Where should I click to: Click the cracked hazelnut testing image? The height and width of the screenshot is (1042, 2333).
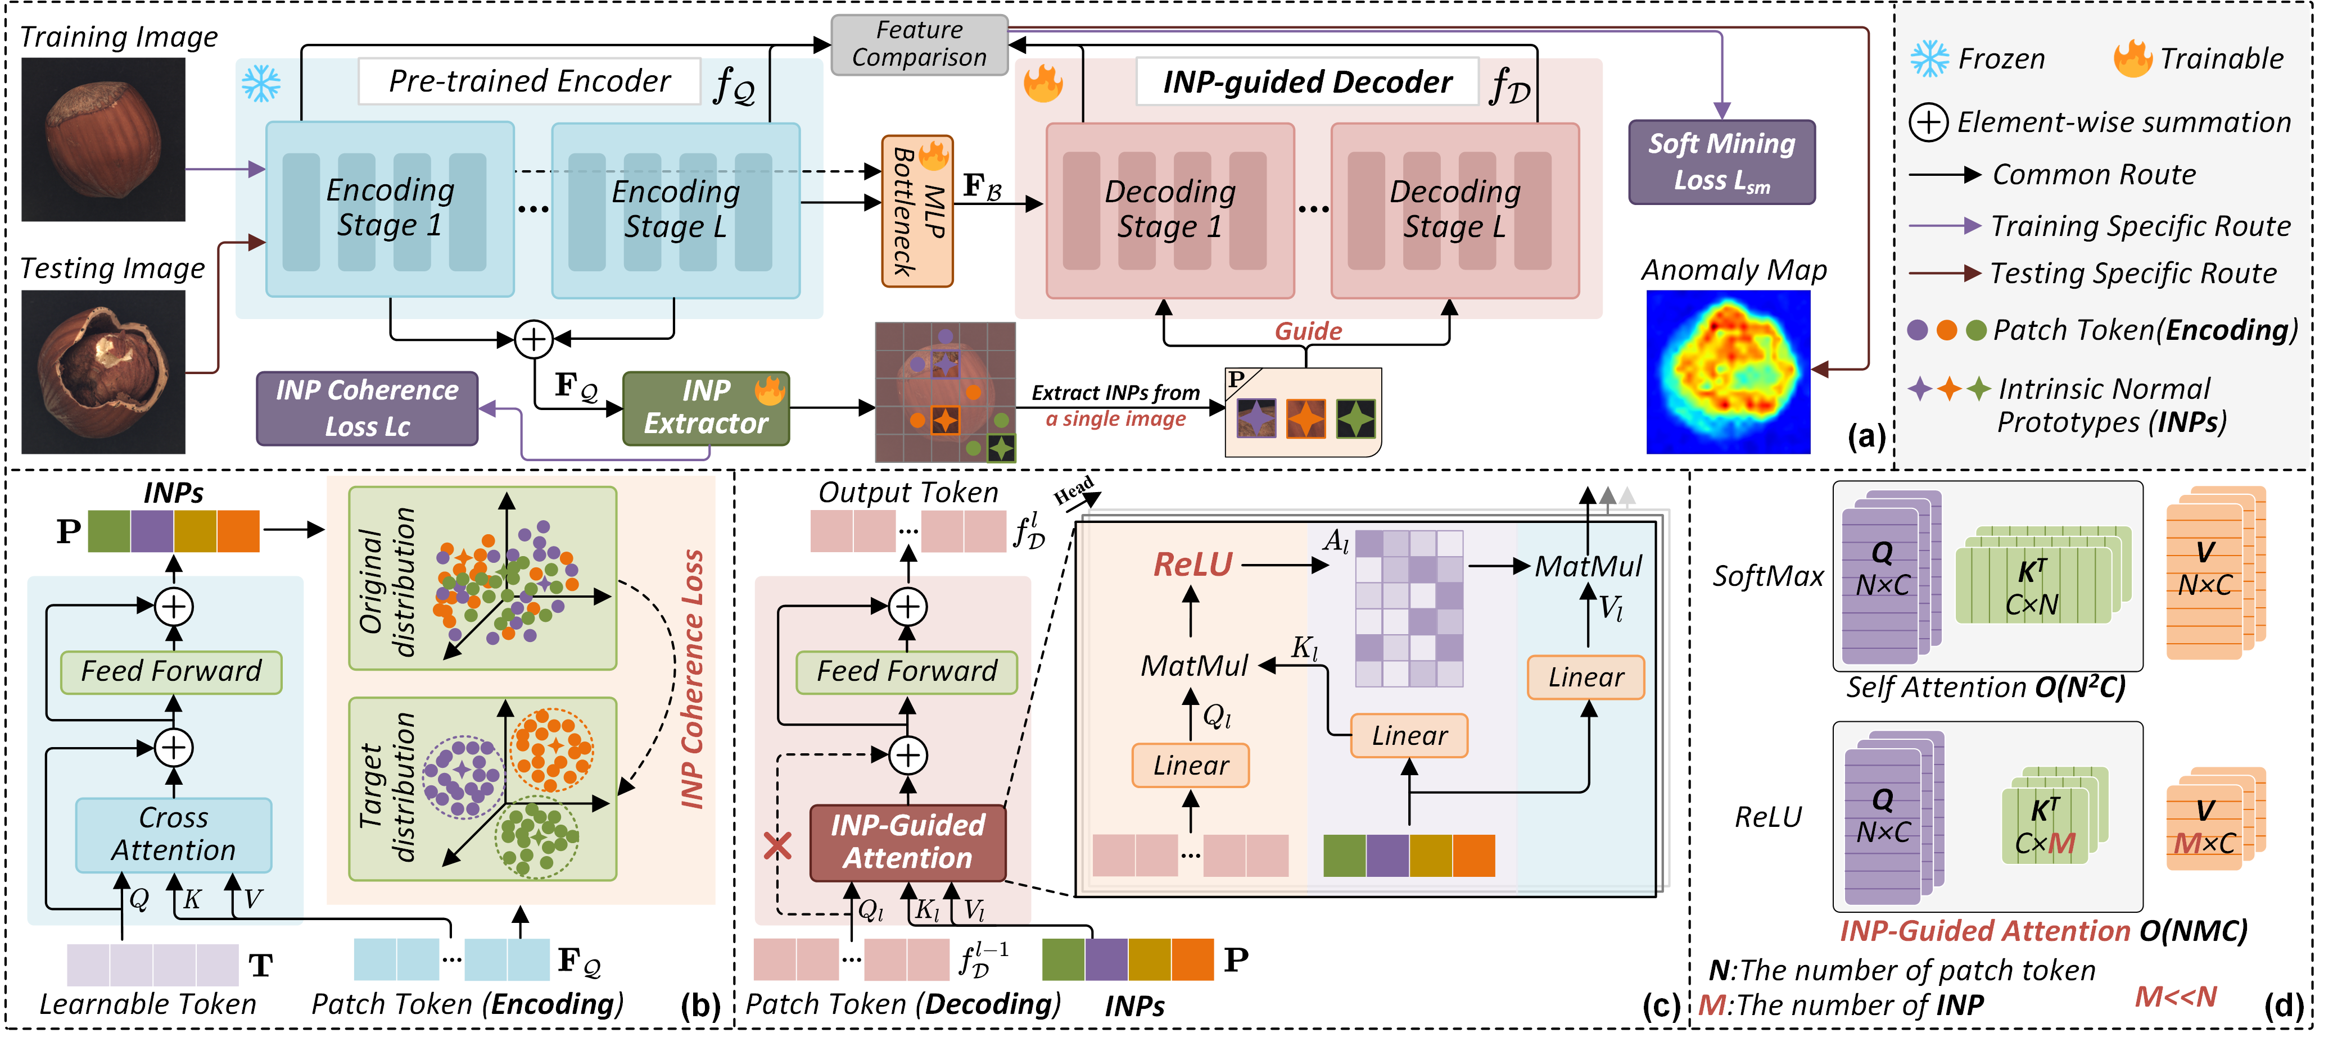click(103, 371)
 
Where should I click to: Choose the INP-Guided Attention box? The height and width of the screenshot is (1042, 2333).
click(907, 842)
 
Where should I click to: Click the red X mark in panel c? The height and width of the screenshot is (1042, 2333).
click(777, 847)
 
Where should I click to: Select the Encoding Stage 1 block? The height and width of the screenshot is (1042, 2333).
click(390, 209)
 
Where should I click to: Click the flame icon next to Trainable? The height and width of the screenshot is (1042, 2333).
click(2133, 59)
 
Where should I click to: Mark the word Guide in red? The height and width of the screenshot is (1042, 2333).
click(1308, 331)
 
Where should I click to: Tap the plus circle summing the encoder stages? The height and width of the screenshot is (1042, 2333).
click(533, 339)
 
